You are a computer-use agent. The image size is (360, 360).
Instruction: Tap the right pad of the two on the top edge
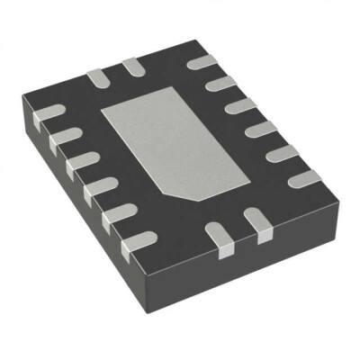point(132,66)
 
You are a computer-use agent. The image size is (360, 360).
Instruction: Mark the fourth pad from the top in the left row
point(99,190)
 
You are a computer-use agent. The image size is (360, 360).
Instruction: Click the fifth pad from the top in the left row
point(120,214)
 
